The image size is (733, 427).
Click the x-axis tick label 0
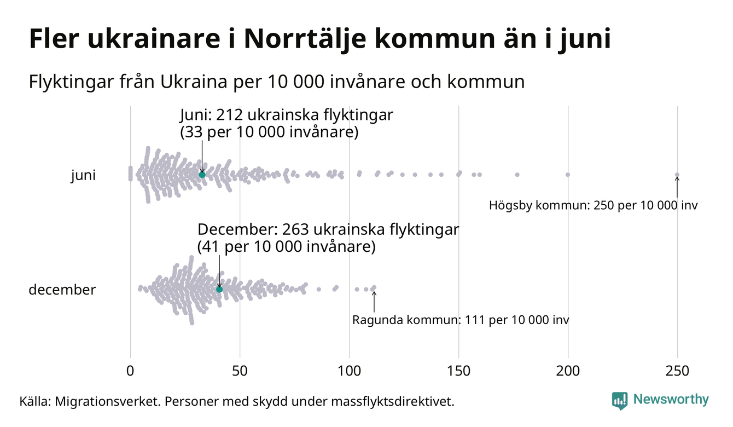point(130,371)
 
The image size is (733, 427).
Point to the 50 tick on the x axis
point(240,371)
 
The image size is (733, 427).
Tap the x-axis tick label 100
point(349,371)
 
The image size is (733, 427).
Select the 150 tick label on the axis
point(458,371)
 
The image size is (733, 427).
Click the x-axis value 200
point(568,371)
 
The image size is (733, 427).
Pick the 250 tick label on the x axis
point(677,371)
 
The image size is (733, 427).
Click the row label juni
point(83,176)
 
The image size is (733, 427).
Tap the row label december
point(62,290)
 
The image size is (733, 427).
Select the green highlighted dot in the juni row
point(202,174)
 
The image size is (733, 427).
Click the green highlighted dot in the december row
point(219,289)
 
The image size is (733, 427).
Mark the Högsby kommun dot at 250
point(677,175)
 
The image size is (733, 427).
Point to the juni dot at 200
point(568,175)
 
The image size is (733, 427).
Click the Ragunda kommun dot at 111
point(374,287)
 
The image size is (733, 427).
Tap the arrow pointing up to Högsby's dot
point(677,187)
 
